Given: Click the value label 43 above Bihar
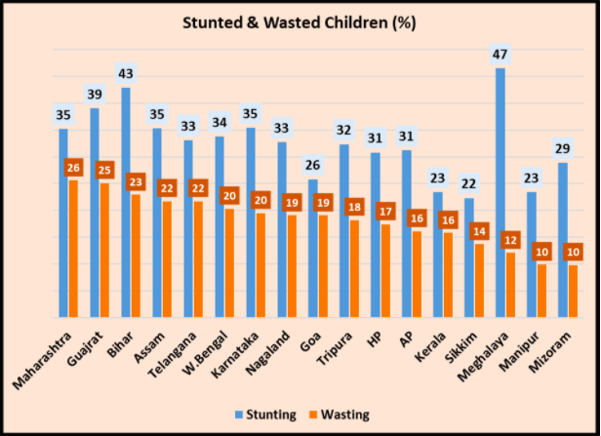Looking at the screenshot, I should (x=126, y=74).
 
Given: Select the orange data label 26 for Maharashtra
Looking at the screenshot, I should (x=73, y=168).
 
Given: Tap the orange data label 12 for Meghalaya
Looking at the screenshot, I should (x=510, y=240).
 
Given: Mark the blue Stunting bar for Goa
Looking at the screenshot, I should (x=313, y=248).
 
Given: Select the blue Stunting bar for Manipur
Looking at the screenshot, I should (x=531, y=255).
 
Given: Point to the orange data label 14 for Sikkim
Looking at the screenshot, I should (x=479, y=231).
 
